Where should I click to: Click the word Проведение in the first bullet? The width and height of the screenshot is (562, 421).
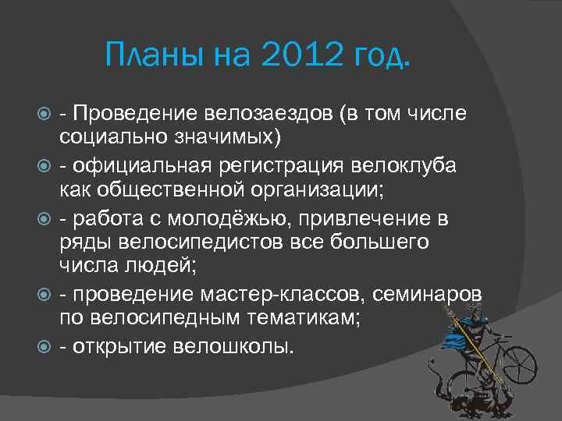133,115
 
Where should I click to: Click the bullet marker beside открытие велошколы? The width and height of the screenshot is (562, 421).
45,345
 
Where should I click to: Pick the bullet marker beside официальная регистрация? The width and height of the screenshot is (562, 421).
45,165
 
